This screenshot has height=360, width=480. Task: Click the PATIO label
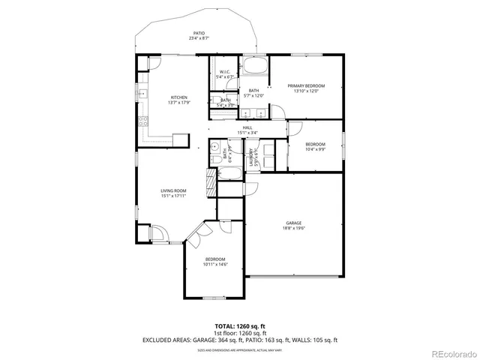click(x=199, y=33)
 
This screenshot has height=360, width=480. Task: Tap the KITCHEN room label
click(x=178, y=97)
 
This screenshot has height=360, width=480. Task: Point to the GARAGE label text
click(x=293, y=223)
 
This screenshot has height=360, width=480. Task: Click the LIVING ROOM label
click(x=173, y=190)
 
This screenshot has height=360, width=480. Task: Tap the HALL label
click(x=247, y=128)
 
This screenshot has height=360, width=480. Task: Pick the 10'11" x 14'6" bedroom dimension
click(x=215, y=264)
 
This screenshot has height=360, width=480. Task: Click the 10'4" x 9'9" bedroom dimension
click(x=315, y=149)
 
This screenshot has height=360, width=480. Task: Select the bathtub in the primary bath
click(x=254, y=66)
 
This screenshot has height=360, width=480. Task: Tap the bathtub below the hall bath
click(x=229, y=175)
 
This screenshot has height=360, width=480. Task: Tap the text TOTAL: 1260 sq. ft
click(x=240, y=326)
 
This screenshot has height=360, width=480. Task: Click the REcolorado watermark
click(x=452, y=353)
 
